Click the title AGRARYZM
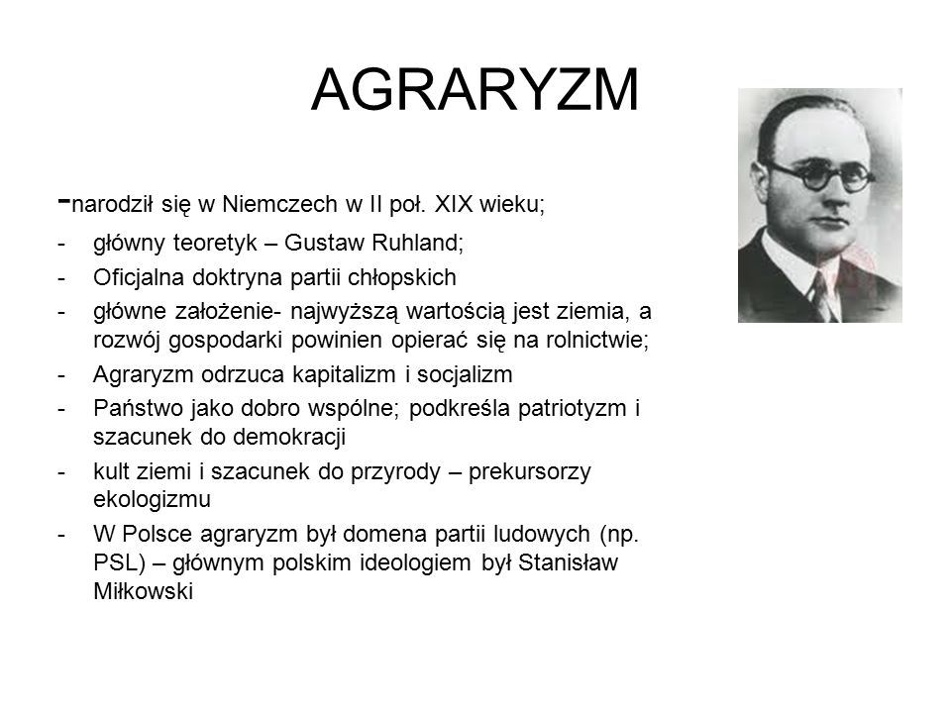pyautogui.click(x=475, y=90)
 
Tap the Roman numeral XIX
pyautogui.click(x=454, y=204)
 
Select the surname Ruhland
pyautogui.click(x=417, y=243)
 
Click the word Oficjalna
pyautogui.click(x=139, y=277)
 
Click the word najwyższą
pyautogui.click(x=345, y=312)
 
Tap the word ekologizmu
pyautogui.click(x=153, y=500)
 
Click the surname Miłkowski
pyautogui.click(x=143, y=591)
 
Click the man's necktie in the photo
pyautogui.click(x=823, y=297)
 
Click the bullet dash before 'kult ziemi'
pyautogui.click(x=60, y=472)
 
